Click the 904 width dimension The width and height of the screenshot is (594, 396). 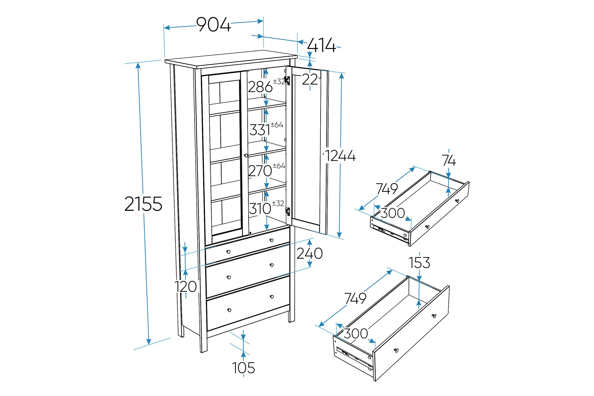point(213,25)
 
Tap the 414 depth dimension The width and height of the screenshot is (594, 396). point(321,45)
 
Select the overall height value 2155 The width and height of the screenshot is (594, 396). point(143,204)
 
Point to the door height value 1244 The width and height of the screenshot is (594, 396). point(340,156)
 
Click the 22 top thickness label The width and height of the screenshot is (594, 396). point(310,79)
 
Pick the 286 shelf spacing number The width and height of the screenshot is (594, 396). point(260,87)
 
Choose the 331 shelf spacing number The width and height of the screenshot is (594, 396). point(260,130)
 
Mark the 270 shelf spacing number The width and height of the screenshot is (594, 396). point(260,171)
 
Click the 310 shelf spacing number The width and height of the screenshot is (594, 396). point(260,209)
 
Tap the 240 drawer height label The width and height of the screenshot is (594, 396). point(309,253)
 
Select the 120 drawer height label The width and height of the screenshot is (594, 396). point(186,286)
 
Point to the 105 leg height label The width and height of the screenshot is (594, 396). point(243,368)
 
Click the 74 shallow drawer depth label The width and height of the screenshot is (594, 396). point(449,160)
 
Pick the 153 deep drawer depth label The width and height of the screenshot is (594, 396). point(419,263)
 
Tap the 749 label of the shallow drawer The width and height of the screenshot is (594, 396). point(387,188)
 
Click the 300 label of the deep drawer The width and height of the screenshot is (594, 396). point(356,333)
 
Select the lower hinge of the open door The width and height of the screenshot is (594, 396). point(288,211)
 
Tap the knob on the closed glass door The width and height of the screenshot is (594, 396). point(246,155)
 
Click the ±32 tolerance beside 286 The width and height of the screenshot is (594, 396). point(279,82)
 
